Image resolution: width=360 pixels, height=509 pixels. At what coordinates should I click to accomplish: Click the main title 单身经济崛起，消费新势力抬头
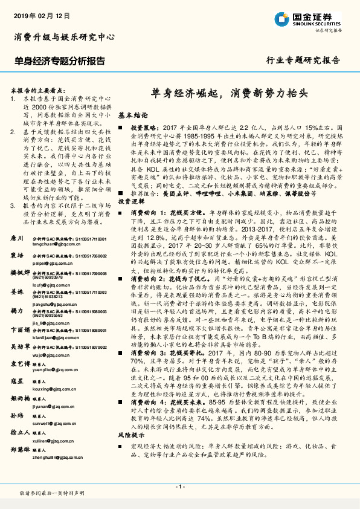[230, 94]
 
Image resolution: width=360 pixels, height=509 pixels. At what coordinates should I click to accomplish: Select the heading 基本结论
[132, 114]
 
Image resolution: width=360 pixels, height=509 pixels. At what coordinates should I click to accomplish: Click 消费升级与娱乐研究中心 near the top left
[64, 38]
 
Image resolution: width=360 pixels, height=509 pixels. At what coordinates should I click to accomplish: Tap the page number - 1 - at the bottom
[180, 487]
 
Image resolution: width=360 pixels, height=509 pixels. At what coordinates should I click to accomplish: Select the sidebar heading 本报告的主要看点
[43, 88]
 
